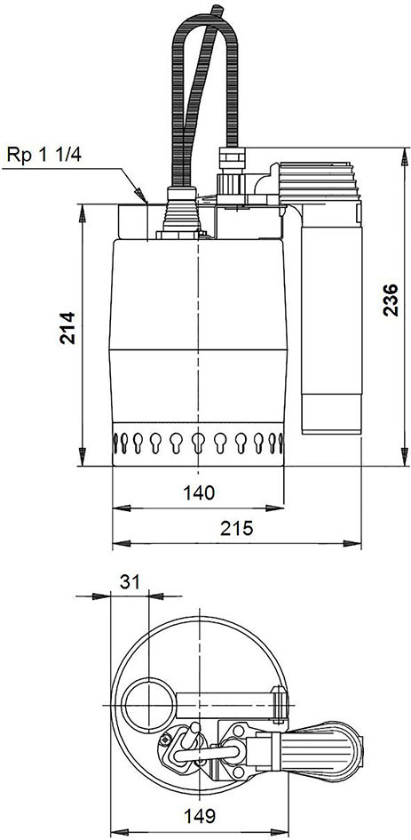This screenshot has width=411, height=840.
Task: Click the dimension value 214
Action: click(68, 327)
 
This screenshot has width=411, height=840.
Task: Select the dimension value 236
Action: click(391, 300)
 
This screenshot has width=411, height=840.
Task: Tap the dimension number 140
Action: click(199, 492)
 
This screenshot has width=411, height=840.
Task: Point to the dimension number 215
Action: click(236, 529)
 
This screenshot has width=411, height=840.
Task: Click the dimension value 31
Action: click(129, 581)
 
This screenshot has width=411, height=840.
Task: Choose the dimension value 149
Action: click(199, 816)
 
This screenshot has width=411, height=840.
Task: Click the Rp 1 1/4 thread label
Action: click(43, 155)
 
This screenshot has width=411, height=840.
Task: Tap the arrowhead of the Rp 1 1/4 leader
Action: click(141, 196)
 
